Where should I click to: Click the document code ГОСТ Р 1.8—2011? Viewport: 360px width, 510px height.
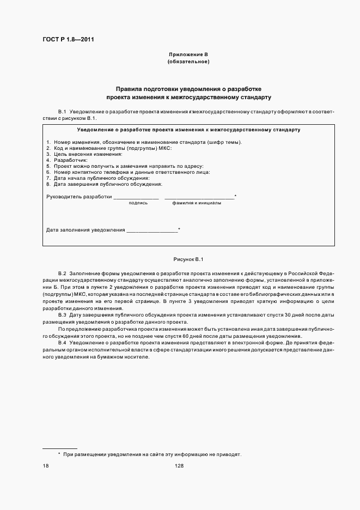click(x=65, y=39)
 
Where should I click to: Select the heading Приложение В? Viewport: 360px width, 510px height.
click(x=188, y=54)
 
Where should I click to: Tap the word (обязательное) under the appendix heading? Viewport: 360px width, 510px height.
click(x=188, y=62)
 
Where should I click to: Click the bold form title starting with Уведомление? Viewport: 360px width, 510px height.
click(x=188, y=130)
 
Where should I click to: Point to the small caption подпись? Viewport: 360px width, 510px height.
click(x=138, y=203)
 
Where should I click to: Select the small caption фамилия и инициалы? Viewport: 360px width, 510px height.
click(x=197, y=203)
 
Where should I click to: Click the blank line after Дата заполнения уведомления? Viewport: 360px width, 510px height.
click(x=152, y=231)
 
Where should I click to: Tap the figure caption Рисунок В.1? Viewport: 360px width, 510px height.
click(x=188, y=259)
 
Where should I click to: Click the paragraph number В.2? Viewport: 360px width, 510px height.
click(x=62, y=272)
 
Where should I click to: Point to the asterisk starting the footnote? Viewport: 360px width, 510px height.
click(x=59, y=454)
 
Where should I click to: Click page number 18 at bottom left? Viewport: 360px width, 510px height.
click(x=46, y=466)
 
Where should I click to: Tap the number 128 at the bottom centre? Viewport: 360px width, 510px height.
click(x=180, y=466)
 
